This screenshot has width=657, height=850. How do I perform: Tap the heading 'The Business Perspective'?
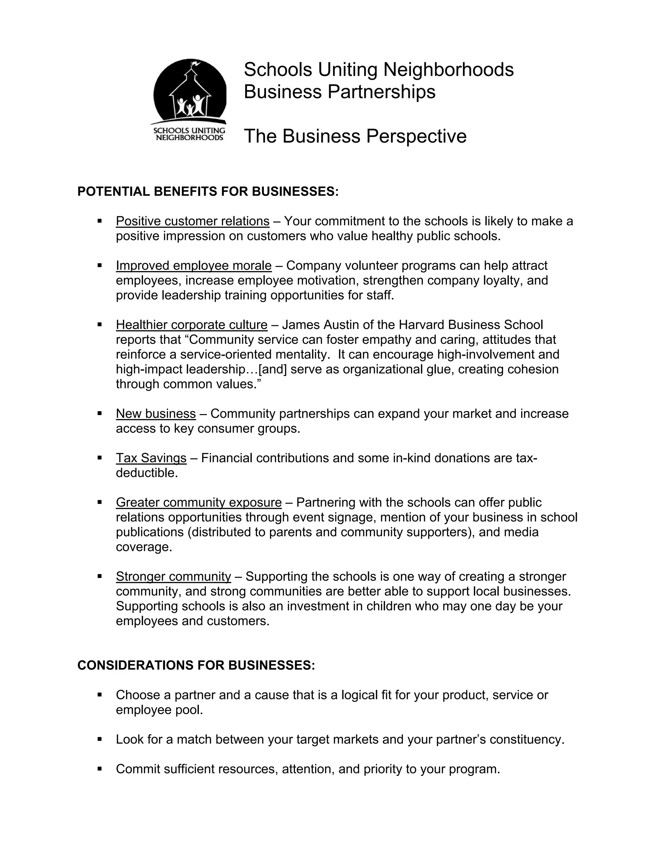click(x=355, y=136)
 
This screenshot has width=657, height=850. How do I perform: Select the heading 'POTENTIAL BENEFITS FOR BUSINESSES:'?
click(x=208, y=191)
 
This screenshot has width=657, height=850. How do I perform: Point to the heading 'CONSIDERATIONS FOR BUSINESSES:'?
click(x=196, y=665)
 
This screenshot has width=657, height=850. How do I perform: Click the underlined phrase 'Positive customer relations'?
click(x=193, y=221)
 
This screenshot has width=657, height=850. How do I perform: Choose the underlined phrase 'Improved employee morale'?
click(x=194, y=266)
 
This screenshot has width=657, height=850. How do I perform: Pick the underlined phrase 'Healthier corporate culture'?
click(x=192, y=325)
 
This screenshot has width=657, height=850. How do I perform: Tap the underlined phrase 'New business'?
click(x=156, y=413)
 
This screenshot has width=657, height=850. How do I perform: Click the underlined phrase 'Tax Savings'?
click(x=151, y=458)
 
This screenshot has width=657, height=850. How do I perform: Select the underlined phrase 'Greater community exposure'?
click(x=199, y=502)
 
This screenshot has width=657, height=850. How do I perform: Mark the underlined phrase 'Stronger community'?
click(x=173, y=576)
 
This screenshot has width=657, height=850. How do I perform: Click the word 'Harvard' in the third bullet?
click(x=422, y=325)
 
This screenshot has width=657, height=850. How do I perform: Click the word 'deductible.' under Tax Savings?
click(x=147, y=472)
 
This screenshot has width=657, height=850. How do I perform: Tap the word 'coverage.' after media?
click(x=144, y=547)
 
